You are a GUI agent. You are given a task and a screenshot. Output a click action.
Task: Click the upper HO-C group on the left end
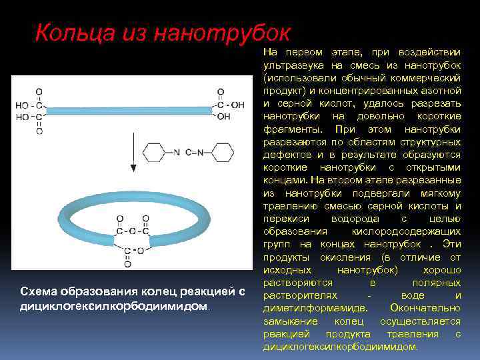(31, 105)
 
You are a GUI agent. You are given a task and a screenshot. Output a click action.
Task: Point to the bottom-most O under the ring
(127, 265)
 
